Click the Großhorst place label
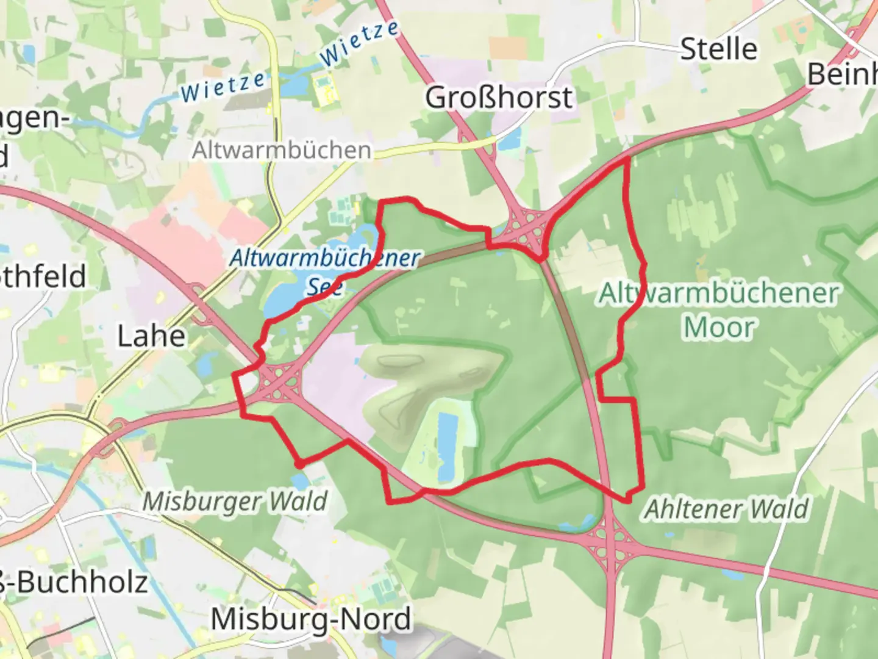click(x=499, y=98)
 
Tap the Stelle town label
click(x=718, y=49)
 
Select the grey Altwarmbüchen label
click(x=282, y=150)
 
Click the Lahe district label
click(x=151, y=336)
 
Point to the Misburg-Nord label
click(x=311, y=619)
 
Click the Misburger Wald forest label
click(x=235, y=502)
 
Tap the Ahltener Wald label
click(x=727, y=508)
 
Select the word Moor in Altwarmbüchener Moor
click(x=719, y=328)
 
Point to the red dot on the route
click(x=299, y=465)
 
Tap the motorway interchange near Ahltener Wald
click(x=613, y=543)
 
